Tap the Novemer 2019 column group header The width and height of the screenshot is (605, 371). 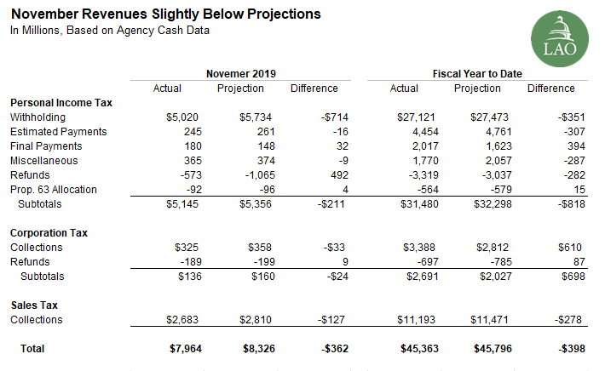[x=241, y=73]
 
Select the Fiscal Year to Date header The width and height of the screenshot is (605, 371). [x=477, y=73]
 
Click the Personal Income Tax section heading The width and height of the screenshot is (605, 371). [x=61, y=102]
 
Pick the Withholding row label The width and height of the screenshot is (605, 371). [x=37, y=117]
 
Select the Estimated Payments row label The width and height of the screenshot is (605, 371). [x=58, y=132]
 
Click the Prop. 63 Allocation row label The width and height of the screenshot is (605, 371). [x=53, y=190]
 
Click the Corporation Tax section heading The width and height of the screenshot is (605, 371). [x=49, y=232]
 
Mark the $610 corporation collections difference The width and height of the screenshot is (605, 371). [x=562, y=248]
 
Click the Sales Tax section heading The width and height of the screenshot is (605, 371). [x=34, y=305]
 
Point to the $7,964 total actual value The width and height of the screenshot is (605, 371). [x=181, y=348]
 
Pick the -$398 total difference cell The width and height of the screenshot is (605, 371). [x=559, y=348]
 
